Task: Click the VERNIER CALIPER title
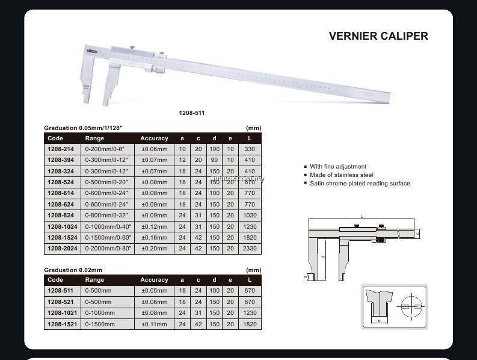click(x=378, y=36)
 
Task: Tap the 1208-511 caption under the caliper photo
click(x=192, y=113)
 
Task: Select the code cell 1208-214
click(x=61, y=149)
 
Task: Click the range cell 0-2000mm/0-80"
click(x=108, y=248)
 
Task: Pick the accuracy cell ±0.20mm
click(x=155, y=248)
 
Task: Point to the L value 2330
click(x=250, y=248)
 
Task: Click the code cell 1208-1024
click(x=63, y=226)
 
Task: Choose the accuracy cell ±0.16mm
click(x=155, y=237)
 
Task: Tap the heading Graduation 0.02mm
click(x=73, y=270)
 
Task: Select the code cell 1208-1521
click(x=63, y=324)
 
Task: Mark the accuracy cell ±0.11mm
click(x=155, y=324)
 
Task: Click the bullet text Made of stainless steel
click(x=342, y=175)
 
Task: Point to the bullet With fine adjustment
click(x=338, y=167)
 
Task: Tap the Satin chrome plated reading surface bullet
click(x=360, y=184)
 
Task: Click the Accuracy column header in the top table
click(x=155, y=138)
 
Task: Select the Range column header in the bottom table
click(x=94, y=280)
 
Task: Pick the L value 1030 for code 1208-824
click(x=250, y=216)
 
